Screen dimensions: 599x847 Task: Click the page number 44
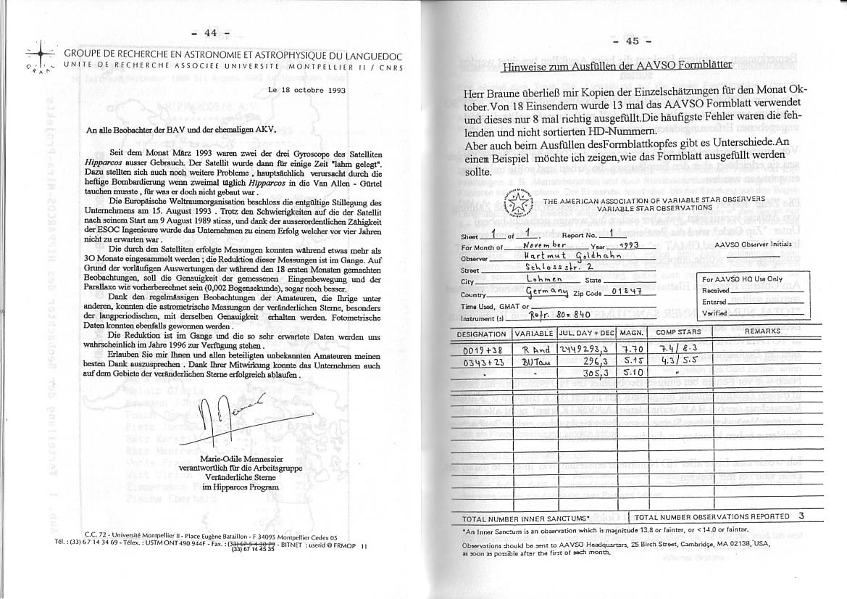tap(210, 33)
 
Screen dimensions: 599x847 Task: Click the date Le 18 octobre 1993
tap(306, 91)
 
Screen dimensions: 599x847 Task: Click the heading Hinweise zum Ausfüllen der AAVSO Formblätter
tap(617, 65)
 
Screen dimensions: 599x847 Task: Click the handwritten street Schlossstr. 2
tap(559, 268)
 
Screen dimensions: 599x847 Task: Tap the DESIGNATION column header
tap(482, 333)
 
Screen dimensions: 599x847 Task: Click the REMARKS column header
tap(762, 331)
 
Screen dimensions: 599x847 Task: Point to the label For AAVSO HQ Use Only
tap(743, 279)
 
